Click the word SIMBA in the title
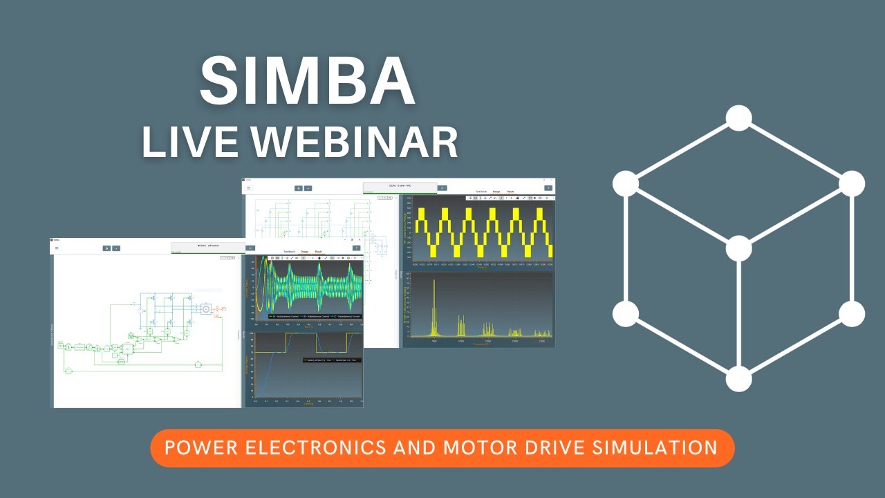point(307,82)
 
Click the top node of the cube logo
point(738,118)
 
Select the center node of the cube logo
point(738,248)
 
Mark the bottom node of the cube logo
point(738,379)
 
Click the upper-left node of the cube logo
point(626,183)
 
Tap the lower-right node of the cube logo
point(852,313)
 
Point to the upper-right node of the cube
point(852,183)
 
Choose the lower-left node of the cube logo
point(626,313)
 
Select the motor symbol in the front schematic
point(205,308)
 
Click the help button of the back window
point(548,187)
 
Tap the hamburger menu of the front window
point(57,248)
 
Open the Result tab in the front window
point(319,252)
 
